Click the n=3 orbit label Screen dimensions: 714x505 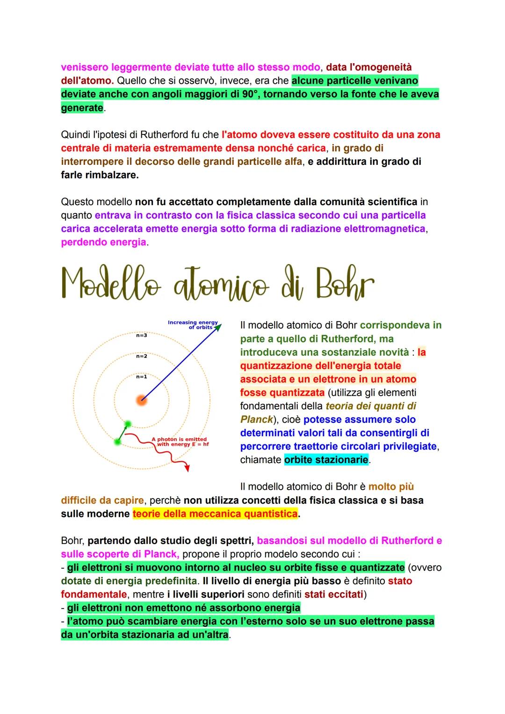[x=141, y=335]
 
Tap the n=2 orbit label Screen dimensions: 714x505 [x=141, y=356]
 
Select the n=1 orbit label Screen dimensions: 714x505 [x=141, y=376]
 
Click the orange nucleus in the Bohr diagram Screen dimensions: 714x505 [x=141, y=400]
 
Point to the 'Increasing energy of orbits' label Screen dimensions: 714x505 [x=193, y=324]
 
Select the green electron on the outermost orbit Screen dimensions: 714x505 [x=117, y=442]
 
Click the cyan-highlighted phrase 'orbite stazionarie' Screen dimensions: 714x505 [x=326, y=460]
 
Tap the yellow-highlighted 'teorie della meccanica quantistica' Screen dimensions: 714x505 [x=215, y=514]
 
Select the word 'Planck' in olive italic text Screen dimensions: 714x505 [x=256, y=420]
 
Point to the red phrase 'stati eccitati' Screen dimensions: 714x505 [x=334, y=595]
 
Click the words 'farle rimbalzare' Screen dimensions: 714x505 [x=100, y=175]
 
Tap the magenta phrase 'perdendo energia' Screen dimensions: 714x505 [x=103, y=243]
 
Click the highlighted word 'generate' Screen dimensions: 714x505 [x=82, y=108]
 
